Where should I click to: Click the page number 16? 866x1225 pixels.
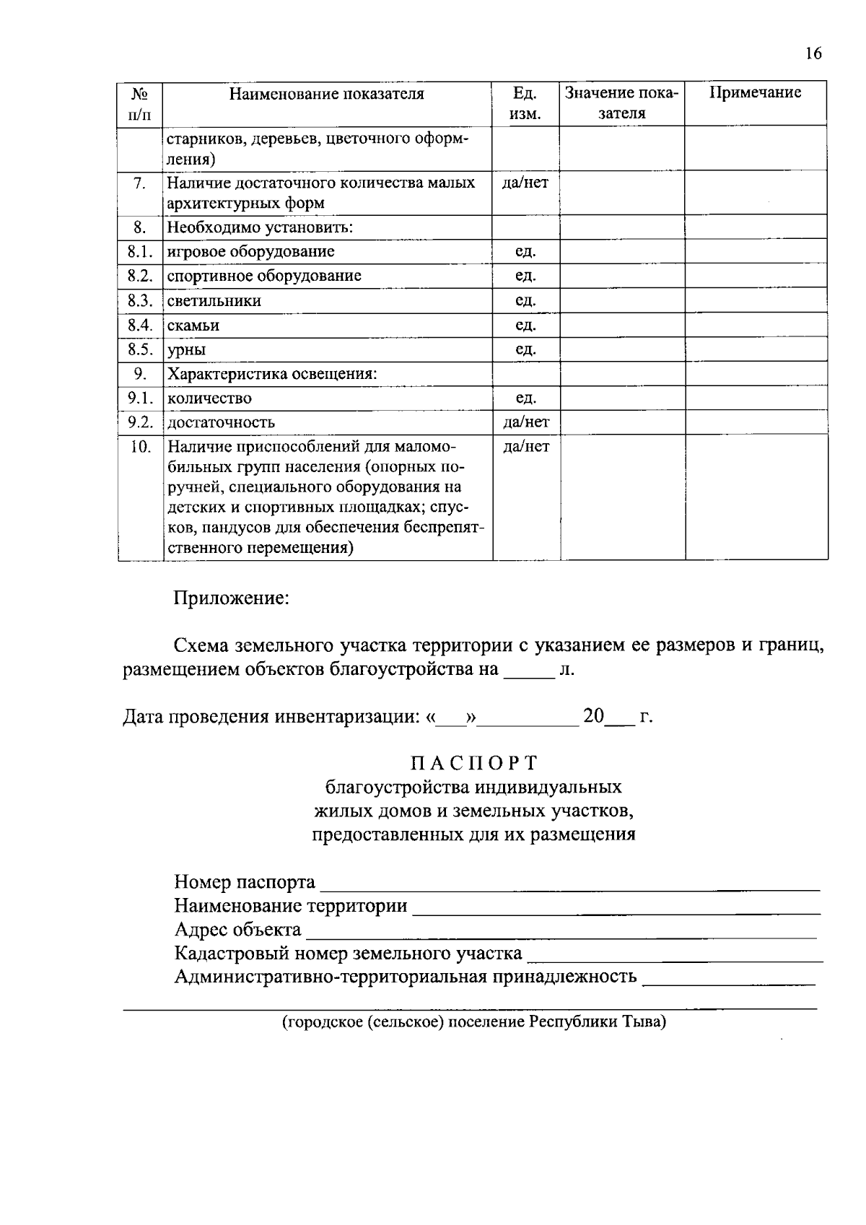click(813, 53)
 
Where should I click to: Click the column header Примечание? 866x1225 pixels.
click(755, 93)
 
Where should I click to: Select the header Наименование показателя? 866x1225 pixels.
click(327, 94)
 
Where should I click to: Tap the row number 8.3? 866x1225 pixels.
click(141, 301)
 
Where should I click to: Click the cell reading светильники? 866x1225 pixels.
click(214, 301)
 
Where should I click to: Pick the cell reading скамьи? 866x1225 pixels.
click(193, 326)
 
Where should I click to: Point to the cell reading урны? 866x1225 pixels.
click(187, 350)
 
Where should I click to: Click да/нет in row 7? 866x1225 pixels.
click(525, 183)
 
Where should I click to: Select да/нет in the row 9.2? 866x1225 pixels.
click(525, 422)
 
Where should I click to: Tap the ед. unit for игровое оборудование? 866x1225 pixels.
click(525, 252)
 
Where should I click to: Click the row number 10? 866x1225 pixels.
click(141, 447)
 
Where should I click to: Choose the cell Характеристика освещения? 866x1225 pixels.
click(273, 374)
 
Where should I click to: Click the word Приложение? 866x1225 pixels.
click(231, 599)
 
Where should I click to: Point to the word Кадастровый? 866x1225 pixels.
click(225, 954)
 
